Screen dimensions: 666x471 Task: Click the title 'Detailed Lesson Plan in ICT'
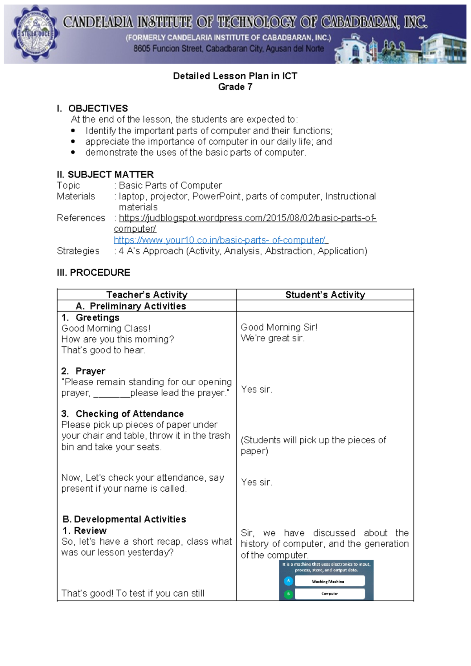point(235,76)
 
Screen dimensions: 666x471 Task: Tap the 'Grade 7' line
point(235,87)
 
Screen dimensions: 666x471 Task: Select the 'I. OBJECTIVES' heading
point(93,108)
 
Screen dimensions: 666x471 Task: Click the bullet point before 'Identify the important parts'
point(73,131)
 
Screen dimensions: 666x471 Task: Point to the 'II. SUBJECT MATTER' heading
point(105,174)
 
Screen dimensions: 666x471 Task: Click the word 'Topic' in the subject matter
point(68,185)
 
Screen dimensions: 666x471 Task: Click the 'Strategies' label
point(78,251)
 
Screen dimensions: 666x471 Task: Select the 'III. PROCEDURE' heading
point(93,273)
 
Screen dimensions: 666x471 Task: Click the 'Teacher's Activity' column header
point(147,295)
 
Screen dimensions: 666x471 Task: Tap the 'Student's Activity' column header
point(325,295)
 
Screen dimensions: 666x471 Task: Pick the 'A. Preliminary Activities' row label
point(131,306)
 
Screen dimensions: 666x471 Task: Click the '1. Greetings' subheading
point(91,317)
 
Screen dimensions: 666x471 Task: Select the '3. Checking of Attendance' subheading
point(122,414)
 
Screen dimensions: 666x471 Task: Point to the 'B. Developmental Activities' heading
point(124,519)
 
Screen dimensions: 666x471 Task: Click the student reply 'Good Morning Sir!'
point(279,327)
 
